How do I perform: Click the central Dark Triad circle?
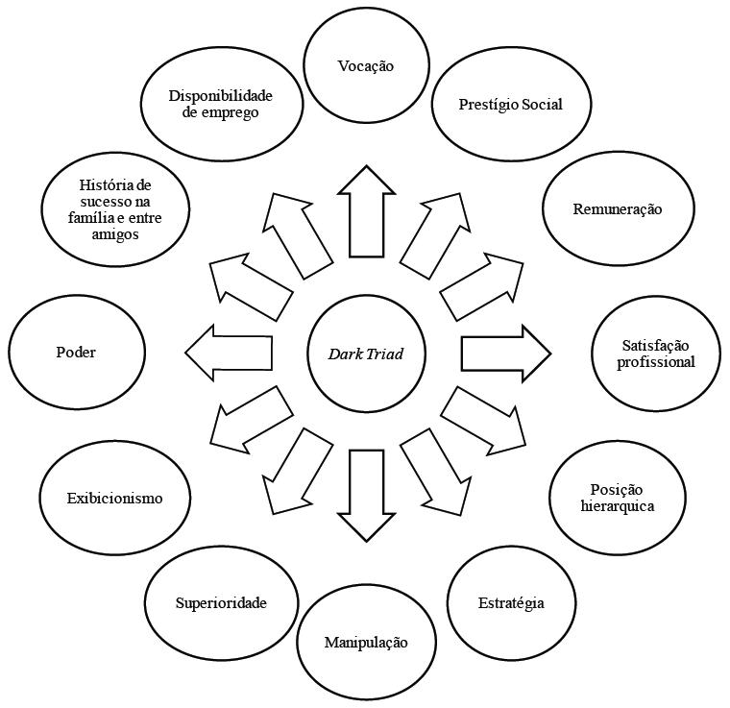click(x=366, y=354)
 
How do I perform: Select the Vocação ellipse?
click(x=366, y=65)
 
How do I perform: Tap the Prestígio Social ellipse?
click(x=511, y=104)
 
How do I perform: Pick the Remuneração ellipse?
click(x=618, y=209)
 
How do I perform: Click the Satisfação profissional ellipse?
click(x=656, y=354)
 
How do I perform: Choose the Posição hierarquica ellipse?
click(x=618, y=498)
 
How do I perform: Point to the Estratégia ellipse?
click(x=511, y=603)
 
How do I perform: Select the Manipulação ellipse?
click(x=366, y=643)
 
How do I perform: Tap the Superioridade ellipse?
click(x=220, y=603)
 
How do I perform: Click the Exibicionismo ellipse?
click(x=114, y=498)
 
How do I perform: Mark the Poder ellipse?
click(x=76, y=353)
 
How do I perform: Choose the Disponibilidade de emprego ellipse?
click(x=220, y=104)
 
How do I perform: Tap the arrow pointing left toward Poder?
click(x=229, y=353)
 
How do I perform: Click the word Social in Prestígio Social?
click(x=542, y=104)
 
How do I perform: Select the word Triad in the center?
click(x=385, y=354)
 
